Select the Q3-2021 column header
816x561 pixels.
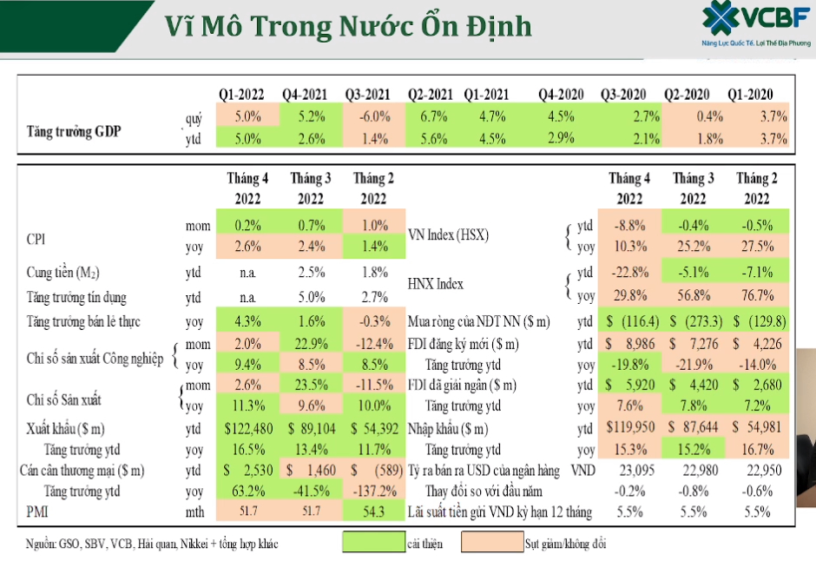pos(367,94)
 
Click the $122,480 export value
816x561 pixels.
pos(248,428)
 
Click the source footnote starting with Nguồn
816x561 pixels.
pos(151,544)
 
